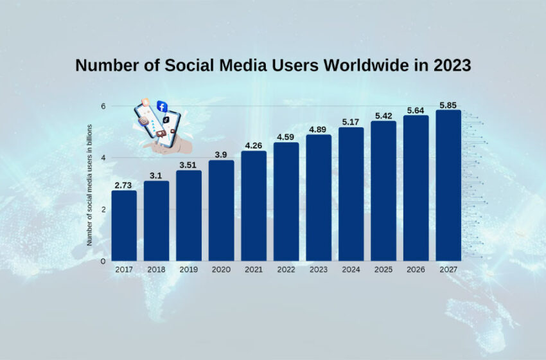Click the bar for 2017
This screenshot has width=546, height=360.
124,226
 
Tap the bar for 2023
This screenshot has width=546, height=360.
319,198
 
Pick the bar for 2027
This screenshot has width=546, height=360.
448,186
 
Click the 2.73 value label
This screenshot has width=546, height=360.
123,185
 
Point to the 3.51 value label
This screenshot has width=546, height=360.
188,165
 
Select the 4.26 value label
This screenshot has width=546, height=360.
254,145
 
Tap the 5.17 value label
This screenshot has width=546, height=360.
351,122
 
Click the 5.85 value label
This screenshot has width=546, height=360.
448,104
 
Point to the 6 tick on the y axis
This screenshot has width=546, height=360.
102,106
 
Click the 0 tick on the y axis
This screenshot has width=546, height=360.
102,261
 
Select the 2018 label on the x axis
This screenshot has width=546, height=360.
156,269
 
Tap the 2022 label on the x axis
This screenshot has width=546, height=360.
286,269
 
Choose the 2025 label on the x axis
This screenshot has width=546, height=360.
383,269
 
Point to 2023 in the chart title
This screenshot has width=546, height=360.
452,66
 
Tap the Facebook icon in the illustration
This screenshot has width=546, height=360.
162,107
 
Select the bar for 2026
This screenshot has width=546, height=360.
416,188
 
